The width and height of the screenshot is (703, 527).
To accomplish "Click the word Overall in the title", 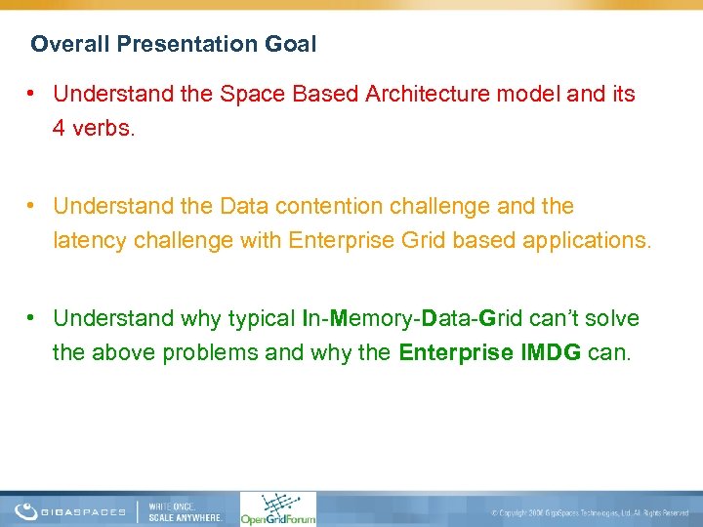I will [61, 44].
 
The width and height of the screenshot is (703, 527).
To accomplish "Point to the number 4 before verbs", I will [60, 129].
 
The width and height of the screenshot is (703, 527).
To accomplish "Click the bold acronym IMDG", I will [558, 352].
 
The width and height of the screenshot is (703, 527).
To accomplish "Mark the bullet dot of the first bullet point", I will [32, 94].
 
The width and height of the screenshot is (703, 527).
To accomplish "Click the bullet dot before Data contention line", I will [32, 206].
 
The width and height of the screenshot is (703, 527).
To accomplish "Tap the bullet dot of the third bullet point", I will [32, 318].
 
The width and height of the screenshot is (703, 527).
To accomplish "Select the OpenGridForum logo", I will [277, 508].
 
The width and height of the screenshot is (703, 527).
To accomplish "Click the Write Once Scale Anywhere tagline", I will [186, 510].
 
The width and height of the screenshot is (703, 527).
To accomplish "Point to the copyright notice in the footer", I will [590, 512].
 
